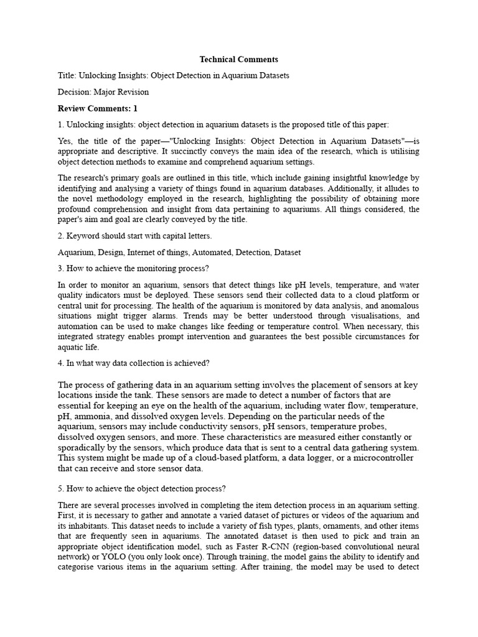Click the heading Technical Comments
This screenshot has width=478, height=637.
pyautogui.click(x=238, y=60)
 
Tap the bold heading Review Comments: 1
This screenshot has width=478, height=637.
pyautogui.click(x=97, y=108)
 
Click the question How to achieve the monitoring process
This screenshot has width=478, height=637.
pyautogui.click(x=133, y=269)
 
